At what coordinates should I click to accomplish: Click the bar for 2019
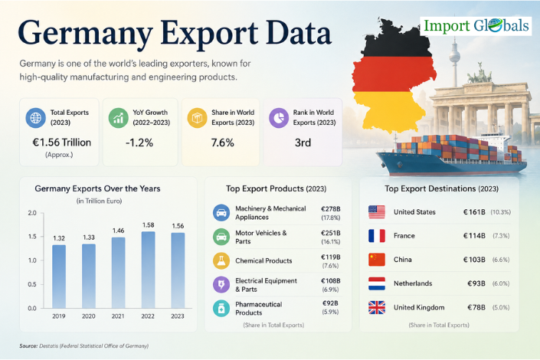click(59, 277)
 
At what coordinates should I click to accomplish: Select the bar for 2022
click(148, 270)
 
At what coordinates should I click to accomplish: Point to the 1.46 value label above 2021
click(118, 231)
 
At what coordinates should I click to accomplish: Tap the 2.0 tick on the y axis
click(32, 213)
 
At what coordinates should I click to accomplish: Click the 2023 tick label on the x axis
click(178, 316)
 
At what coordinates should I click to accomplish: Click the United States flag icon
click(377, 212)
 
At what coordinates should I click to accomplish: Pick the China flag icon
click(377, 260)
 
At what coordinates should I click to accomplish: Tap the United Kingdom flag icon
click(377, 307)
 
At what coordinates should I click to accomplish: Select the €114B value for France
click(474, 236)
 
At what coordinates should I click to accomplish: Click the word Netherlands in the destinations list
click(413, 283)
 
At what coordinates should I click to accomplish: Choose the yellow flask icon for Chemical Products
click(221, 260)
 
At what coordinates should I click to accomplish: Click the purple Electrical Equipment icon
click(221, 285)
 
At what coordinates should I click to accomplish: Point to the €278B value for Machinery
click(331, 209)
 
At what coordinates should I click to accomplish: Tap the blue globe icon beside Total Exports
click(35, 117)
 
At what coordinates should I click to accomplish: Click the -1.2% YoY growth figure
click(139, 142)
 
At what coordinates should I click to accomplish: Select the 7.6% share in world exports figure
click(222, 142)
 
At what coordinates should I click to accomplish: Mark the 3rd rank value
click(303, 142)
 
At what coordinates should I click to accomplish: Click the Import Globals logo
click(476, 26)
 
